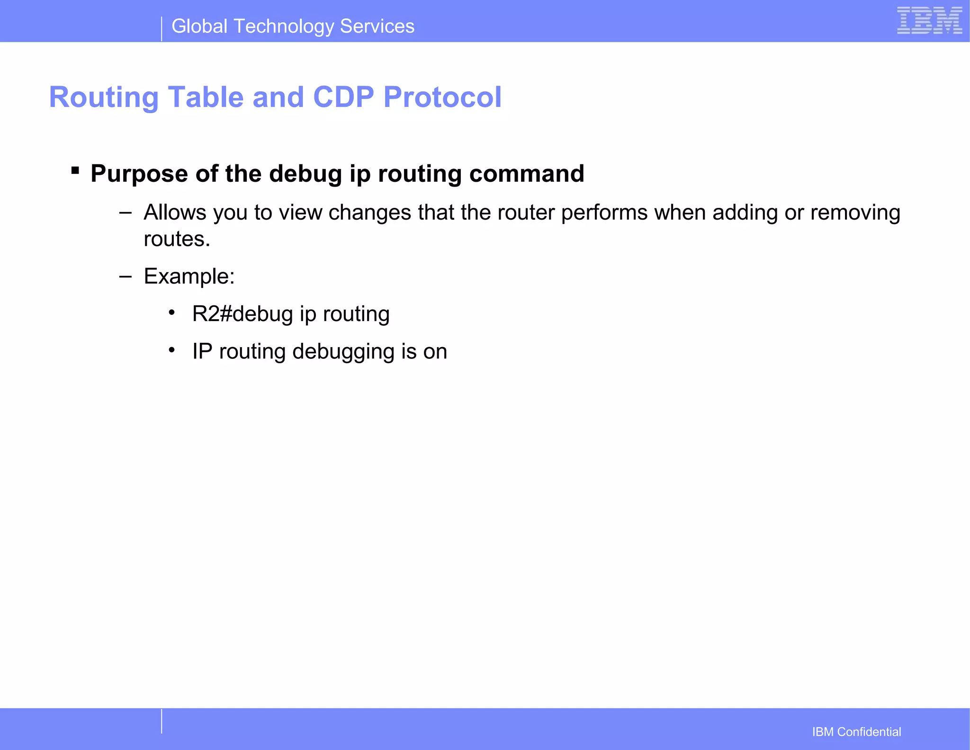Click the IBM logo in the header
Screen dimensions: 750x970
point(929,21)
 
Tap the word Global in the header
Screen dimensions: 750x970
point(199,27)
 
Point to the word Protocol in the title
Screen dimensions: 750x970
point(442,97)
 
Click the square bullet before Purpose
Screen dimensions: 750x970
point(75,170)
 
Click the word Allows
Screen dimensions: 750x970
point(175,213)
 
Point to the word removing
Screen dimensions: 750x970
point(855,213)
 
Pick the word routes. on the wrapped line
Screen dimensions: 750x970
point(177,239)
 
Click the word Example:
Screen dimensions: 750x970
point(189,277)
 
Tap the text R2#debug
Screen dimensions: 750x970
point(242,314)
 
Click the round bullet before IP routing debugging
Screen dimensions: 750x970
point(172,350)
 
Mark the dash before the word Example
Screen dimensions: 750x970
point(126,276)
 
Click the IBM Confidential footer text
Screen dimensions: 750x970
point(856,732)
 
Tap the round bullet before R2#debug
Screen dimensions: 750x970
point(172,312)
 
